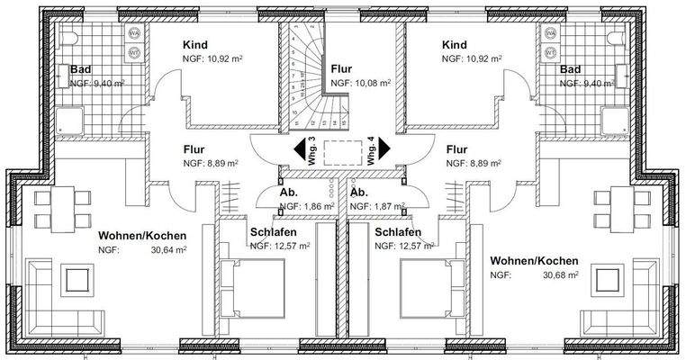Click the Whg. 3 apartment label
311,148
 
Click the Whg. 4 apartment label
371,148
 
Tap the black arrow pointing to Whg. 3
296,148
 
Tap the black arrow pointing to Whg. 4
384,148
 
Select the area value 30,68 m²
557,274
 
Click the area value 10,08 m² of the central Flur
372,82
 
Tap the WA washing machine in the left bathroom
134,34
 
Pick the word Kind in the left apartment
197,44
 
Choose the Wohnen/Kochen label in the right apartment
533,260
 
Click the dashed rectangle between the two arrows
340,149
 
